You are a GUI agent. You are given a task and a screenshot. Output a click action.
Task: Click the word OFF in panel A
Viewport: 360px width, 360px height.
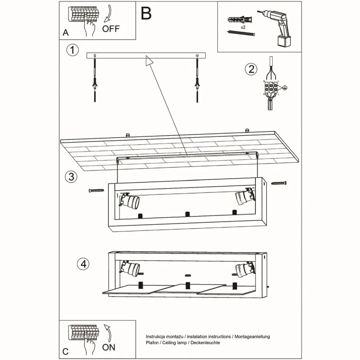pyautogui.click(x=111, y=29)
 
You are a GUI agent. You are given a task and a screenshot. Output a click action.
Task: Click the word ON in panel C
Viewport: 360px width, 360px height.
pyautogui.click(x=109, y=347)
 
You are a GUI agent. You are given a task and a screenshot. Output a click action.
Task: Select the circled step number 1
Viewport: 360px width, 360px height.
pyautogui.click(x=73, y=50)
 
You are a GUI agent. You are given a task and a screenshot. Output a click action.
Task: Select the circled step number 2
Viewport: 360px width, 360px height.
pyautogui.click(x=251, y=69)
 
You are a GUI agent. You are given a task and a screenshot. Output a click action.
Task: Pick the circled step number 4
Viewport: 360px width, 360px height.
pyautogui.click(x=83, y=264)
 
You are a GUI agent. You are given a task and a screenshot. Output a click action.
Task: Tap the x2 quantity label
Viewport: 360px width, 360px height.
pyautogui.click(x=243, y=27)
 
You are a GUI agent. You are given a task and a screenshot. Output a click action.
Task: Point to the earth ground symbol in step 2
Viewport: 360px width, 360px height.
pyautogui.click(x=285, y=88)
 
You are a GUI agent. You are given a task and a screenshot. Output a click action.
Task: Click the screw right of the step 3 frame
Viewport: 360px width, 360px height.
pyautogui.click(x=279, y=183)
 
